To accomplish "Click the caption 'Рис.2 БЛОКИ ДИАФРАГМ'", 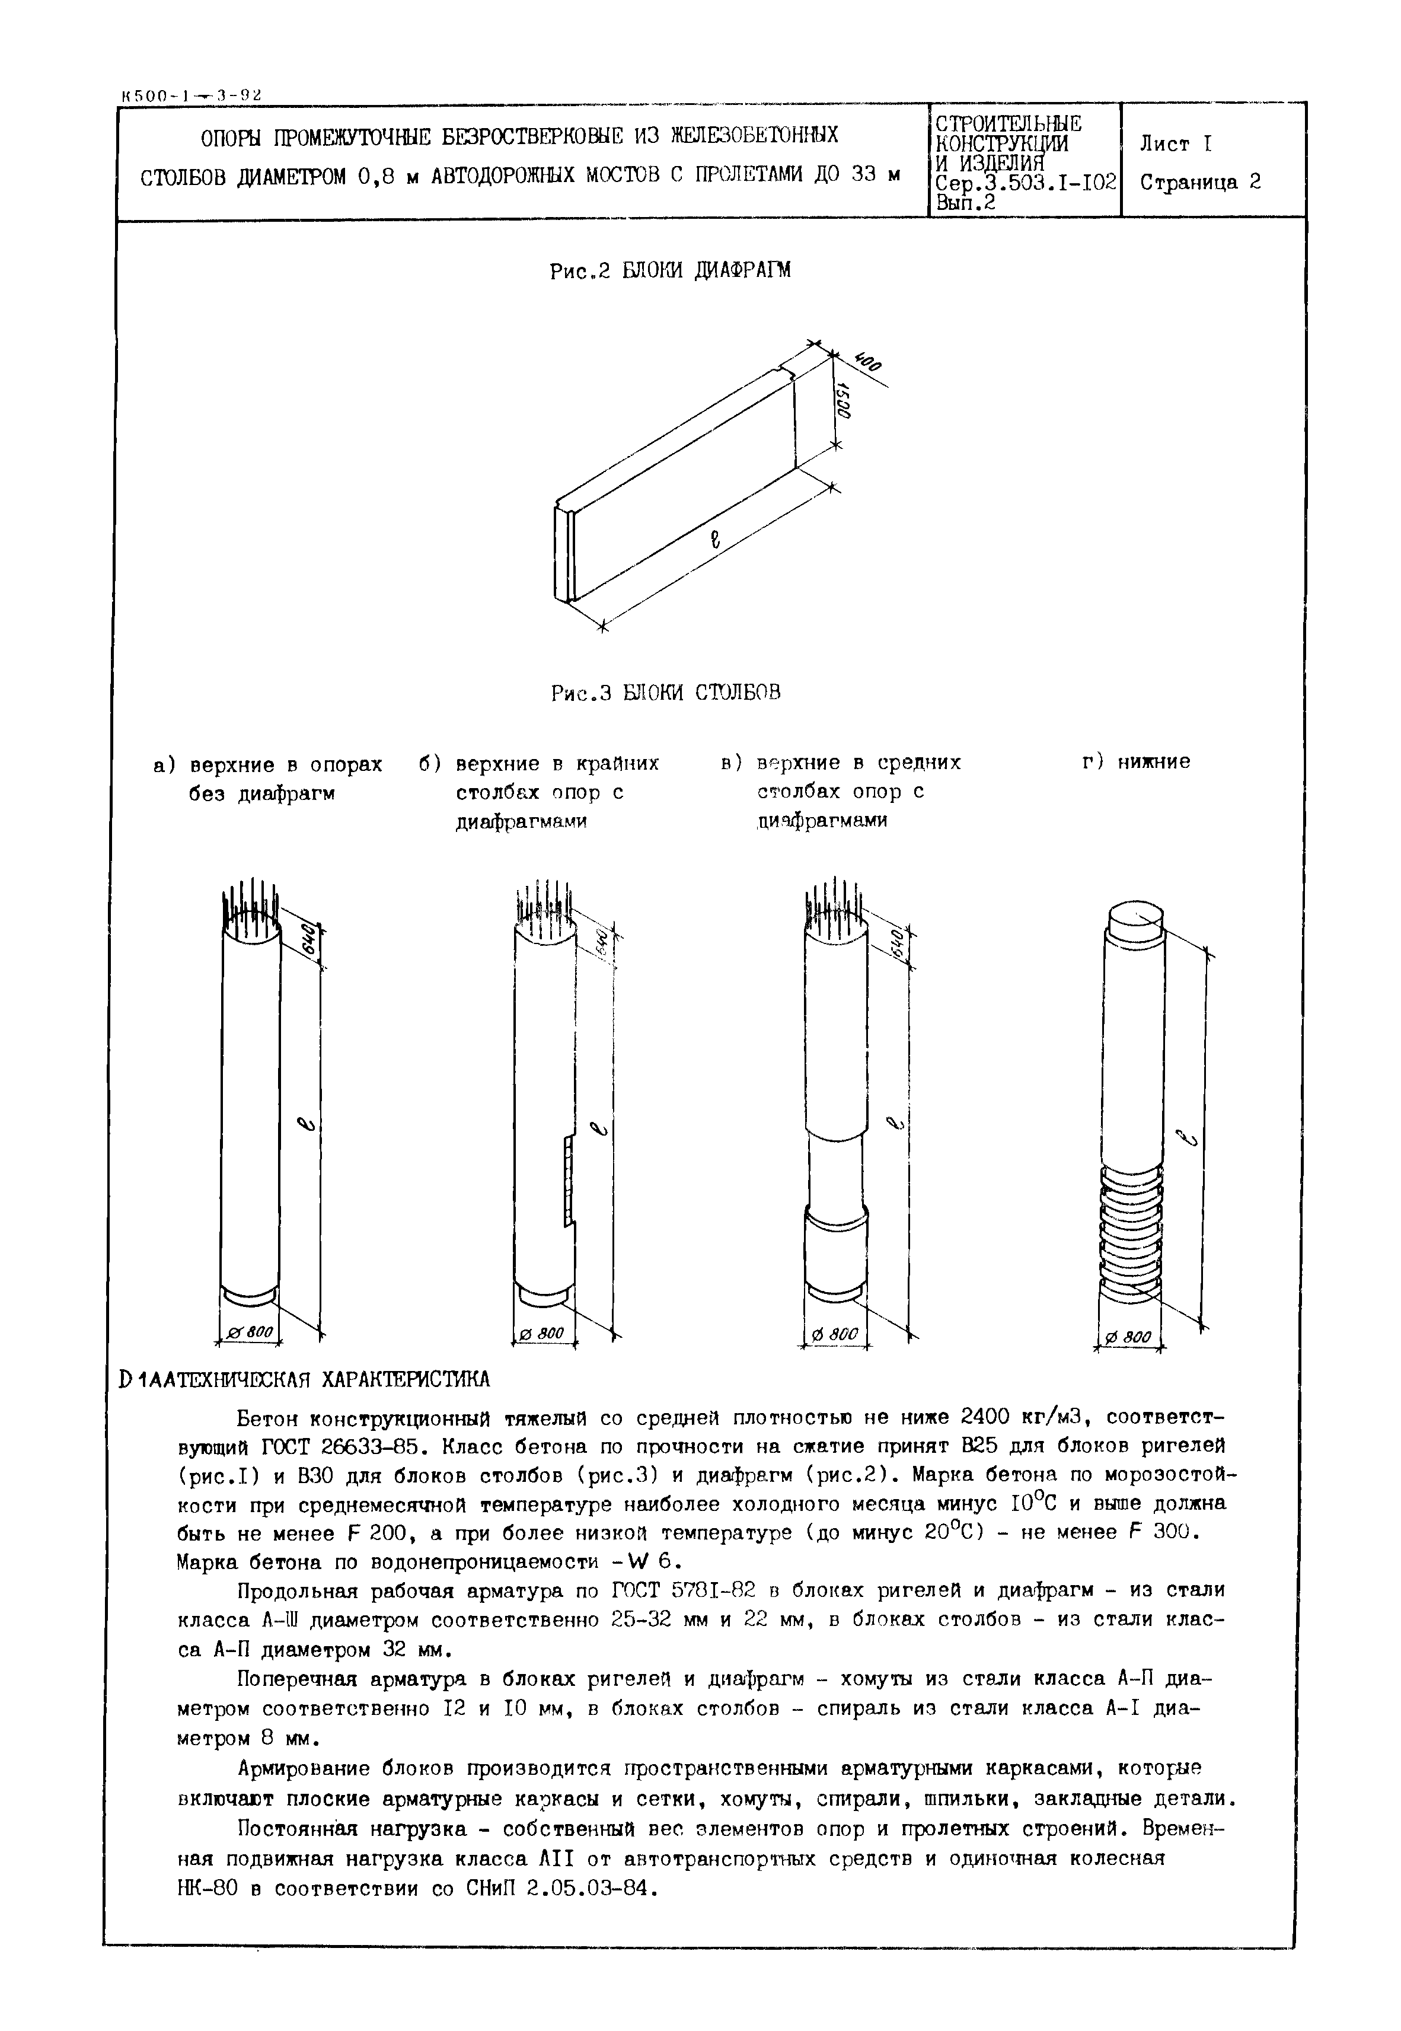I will pyautogui.click(x=670, y=270).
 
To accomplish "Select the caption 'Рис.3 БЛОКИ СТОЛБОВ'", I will pyautogui.click(x=665, y=693).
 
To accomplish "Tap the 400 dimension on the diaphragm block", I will pyautogui.click(x=869, y=361).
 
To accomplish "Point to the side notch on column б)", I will pyautogui.click(x=569, y=1181).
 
